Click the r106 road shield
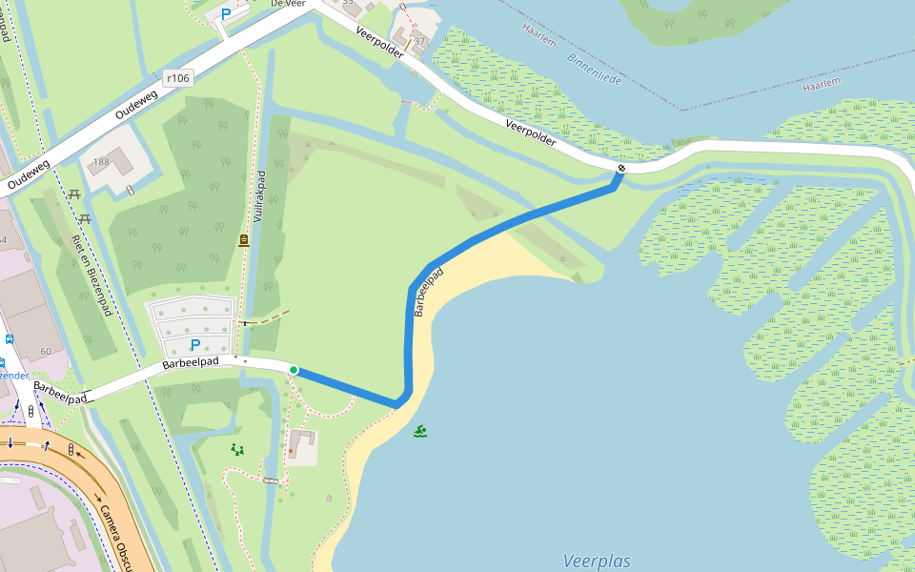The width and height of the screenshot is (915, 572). (178, 78)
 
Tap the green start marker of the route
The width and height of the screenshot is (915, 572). (294, 370)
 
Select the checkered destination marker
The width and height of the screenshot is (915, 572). (621, 169)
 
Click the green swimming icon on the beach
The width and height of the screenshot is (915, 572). (420, 432)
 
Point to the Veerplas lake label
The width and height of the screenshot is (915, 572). (596, 561)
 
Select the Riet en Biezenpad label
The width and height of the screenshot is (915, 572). (91, 276)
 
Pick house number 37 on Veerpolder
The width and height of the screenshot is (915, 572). (418, 40)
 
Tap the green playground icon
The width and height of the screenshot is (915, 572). (237, 449)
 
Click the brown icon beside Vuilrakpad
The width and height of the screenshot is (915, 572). (244, 240)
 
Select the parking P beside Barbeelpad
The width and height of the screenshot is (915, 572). (195, 344)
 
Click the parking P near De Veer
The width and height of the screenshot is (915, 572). (226, 14)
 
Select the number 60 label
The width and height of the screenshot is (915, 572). (46, 352)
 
